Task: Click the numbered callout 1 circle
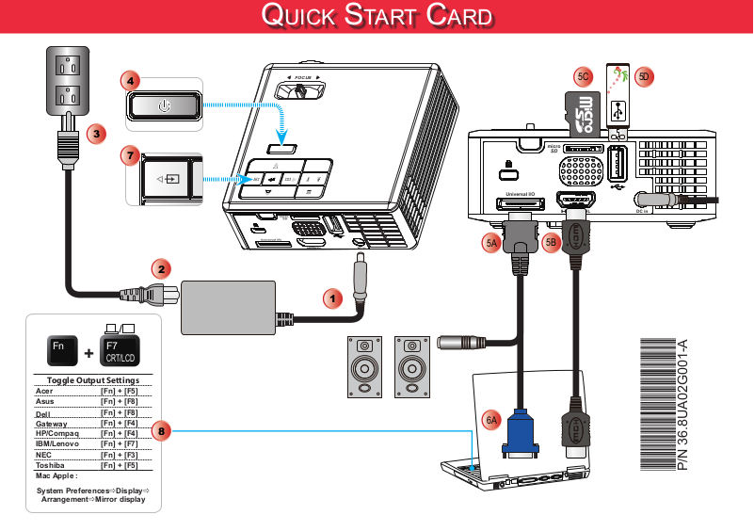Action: [330, 298]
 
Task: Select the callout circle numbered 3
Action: [96, 134]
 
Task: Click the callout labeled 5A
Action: [491, 243]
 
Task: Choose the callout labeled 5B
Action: [553, 243]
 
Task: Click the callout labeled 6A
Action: [492, 420]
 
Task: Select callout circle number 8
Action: [162, 432]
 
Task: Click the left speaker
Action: [365, 366]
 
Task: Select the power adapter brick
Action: [227, 307]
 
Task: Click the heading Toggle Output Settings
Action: [87, 380]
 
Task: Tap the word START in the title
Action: [377, 16]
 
